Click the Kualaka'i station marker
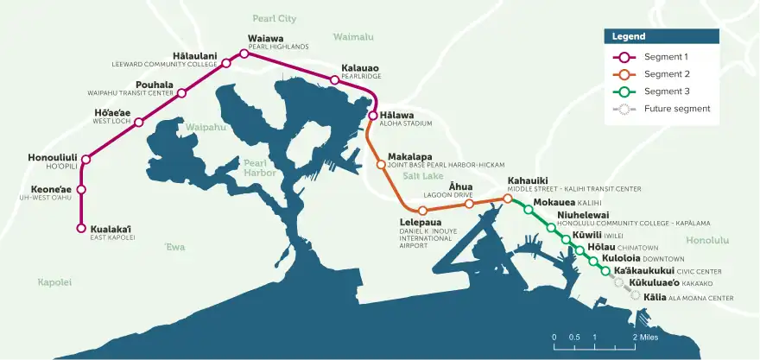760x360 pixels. [81, 229]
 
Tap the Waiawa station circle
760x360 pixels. [244, 54]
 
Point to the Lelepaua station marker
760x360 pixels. [422, 211]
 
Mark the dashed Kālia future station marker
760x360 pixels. [636, 295]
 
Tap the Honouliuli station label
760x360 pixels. [54, 158]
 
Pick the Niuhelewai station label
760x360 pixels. [583, 215]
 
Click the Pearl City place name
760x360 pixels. [274, 18]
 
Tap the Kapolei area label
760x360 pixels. [54, 282]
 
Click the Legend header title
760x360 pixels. [629, 37]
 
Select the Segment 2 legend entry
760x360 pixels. [666, 74]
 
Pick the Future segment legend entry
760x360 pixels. [676, 109]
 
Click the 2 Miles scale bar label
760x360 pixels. [649, 337]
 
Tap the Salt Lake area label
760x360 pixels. [422, 176]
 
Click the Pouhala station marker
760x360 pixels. [181, 92]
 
